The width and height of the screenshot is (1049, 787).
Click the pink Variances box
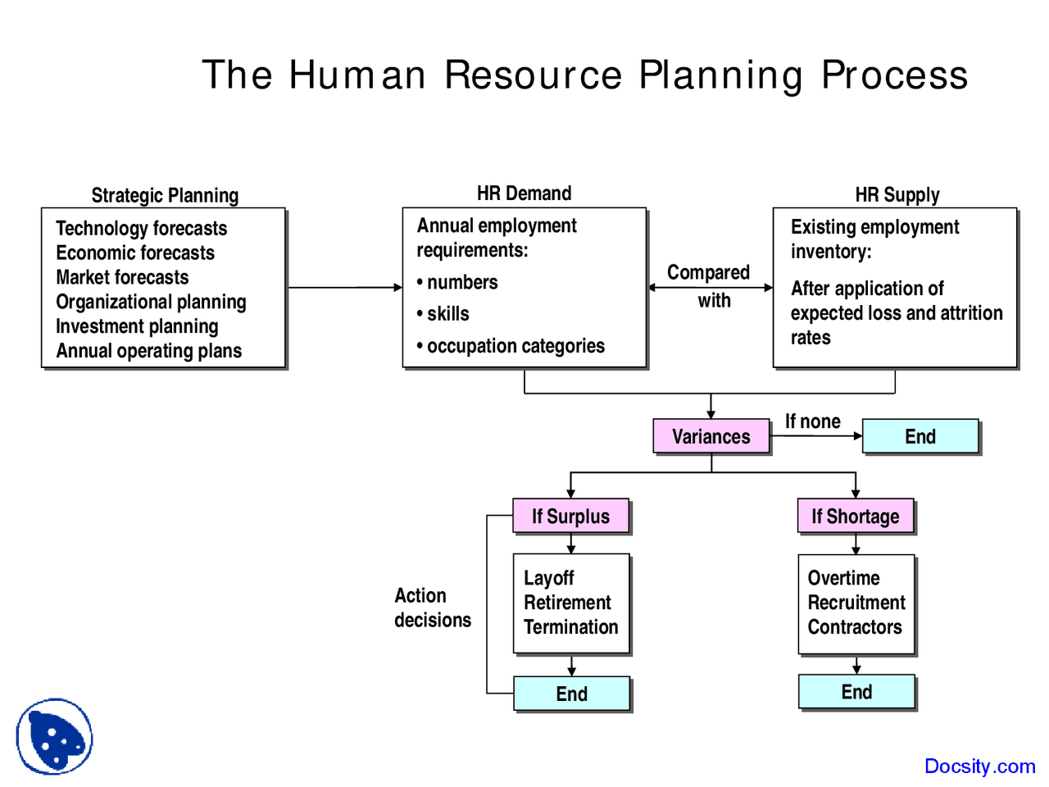pos(711,436)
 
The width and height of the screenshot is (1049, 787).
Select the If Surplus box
pos(570,516)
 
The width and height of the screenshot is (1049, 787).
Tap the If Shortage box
pos(856,516)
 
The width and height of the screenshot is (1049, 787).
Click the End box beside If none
pos(920,436)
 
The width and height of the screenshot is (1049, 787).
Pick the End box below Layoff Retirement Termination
pos(571,694)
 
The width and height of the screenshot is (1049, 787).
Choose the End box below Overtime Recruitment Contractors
pos(856,692)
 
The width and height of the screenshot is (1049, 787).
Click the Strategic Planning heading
pos(165,195)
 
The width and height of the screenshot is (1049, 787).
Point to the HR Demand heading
pos(524,193)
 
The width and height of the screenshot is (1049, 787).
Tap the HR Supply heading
pos(897,195)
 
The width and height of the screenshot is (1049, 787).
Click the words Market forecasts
pos(122,277)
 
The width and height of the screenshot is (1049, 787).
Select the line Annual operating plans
pos(149,351)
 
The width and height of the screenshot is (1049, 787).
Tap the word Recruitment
pos(856,603)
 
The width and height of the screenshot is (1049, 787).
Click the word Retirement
pos(567,603)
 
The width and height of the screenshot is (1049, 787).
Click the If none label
pos(813,421)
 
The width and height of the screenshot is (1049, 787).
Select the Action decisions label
pos(432,607)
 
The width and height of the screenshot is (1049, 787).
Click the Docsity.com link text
pos(979,767)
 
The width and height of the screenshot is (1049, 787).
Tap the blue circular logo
pos(54,736)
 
